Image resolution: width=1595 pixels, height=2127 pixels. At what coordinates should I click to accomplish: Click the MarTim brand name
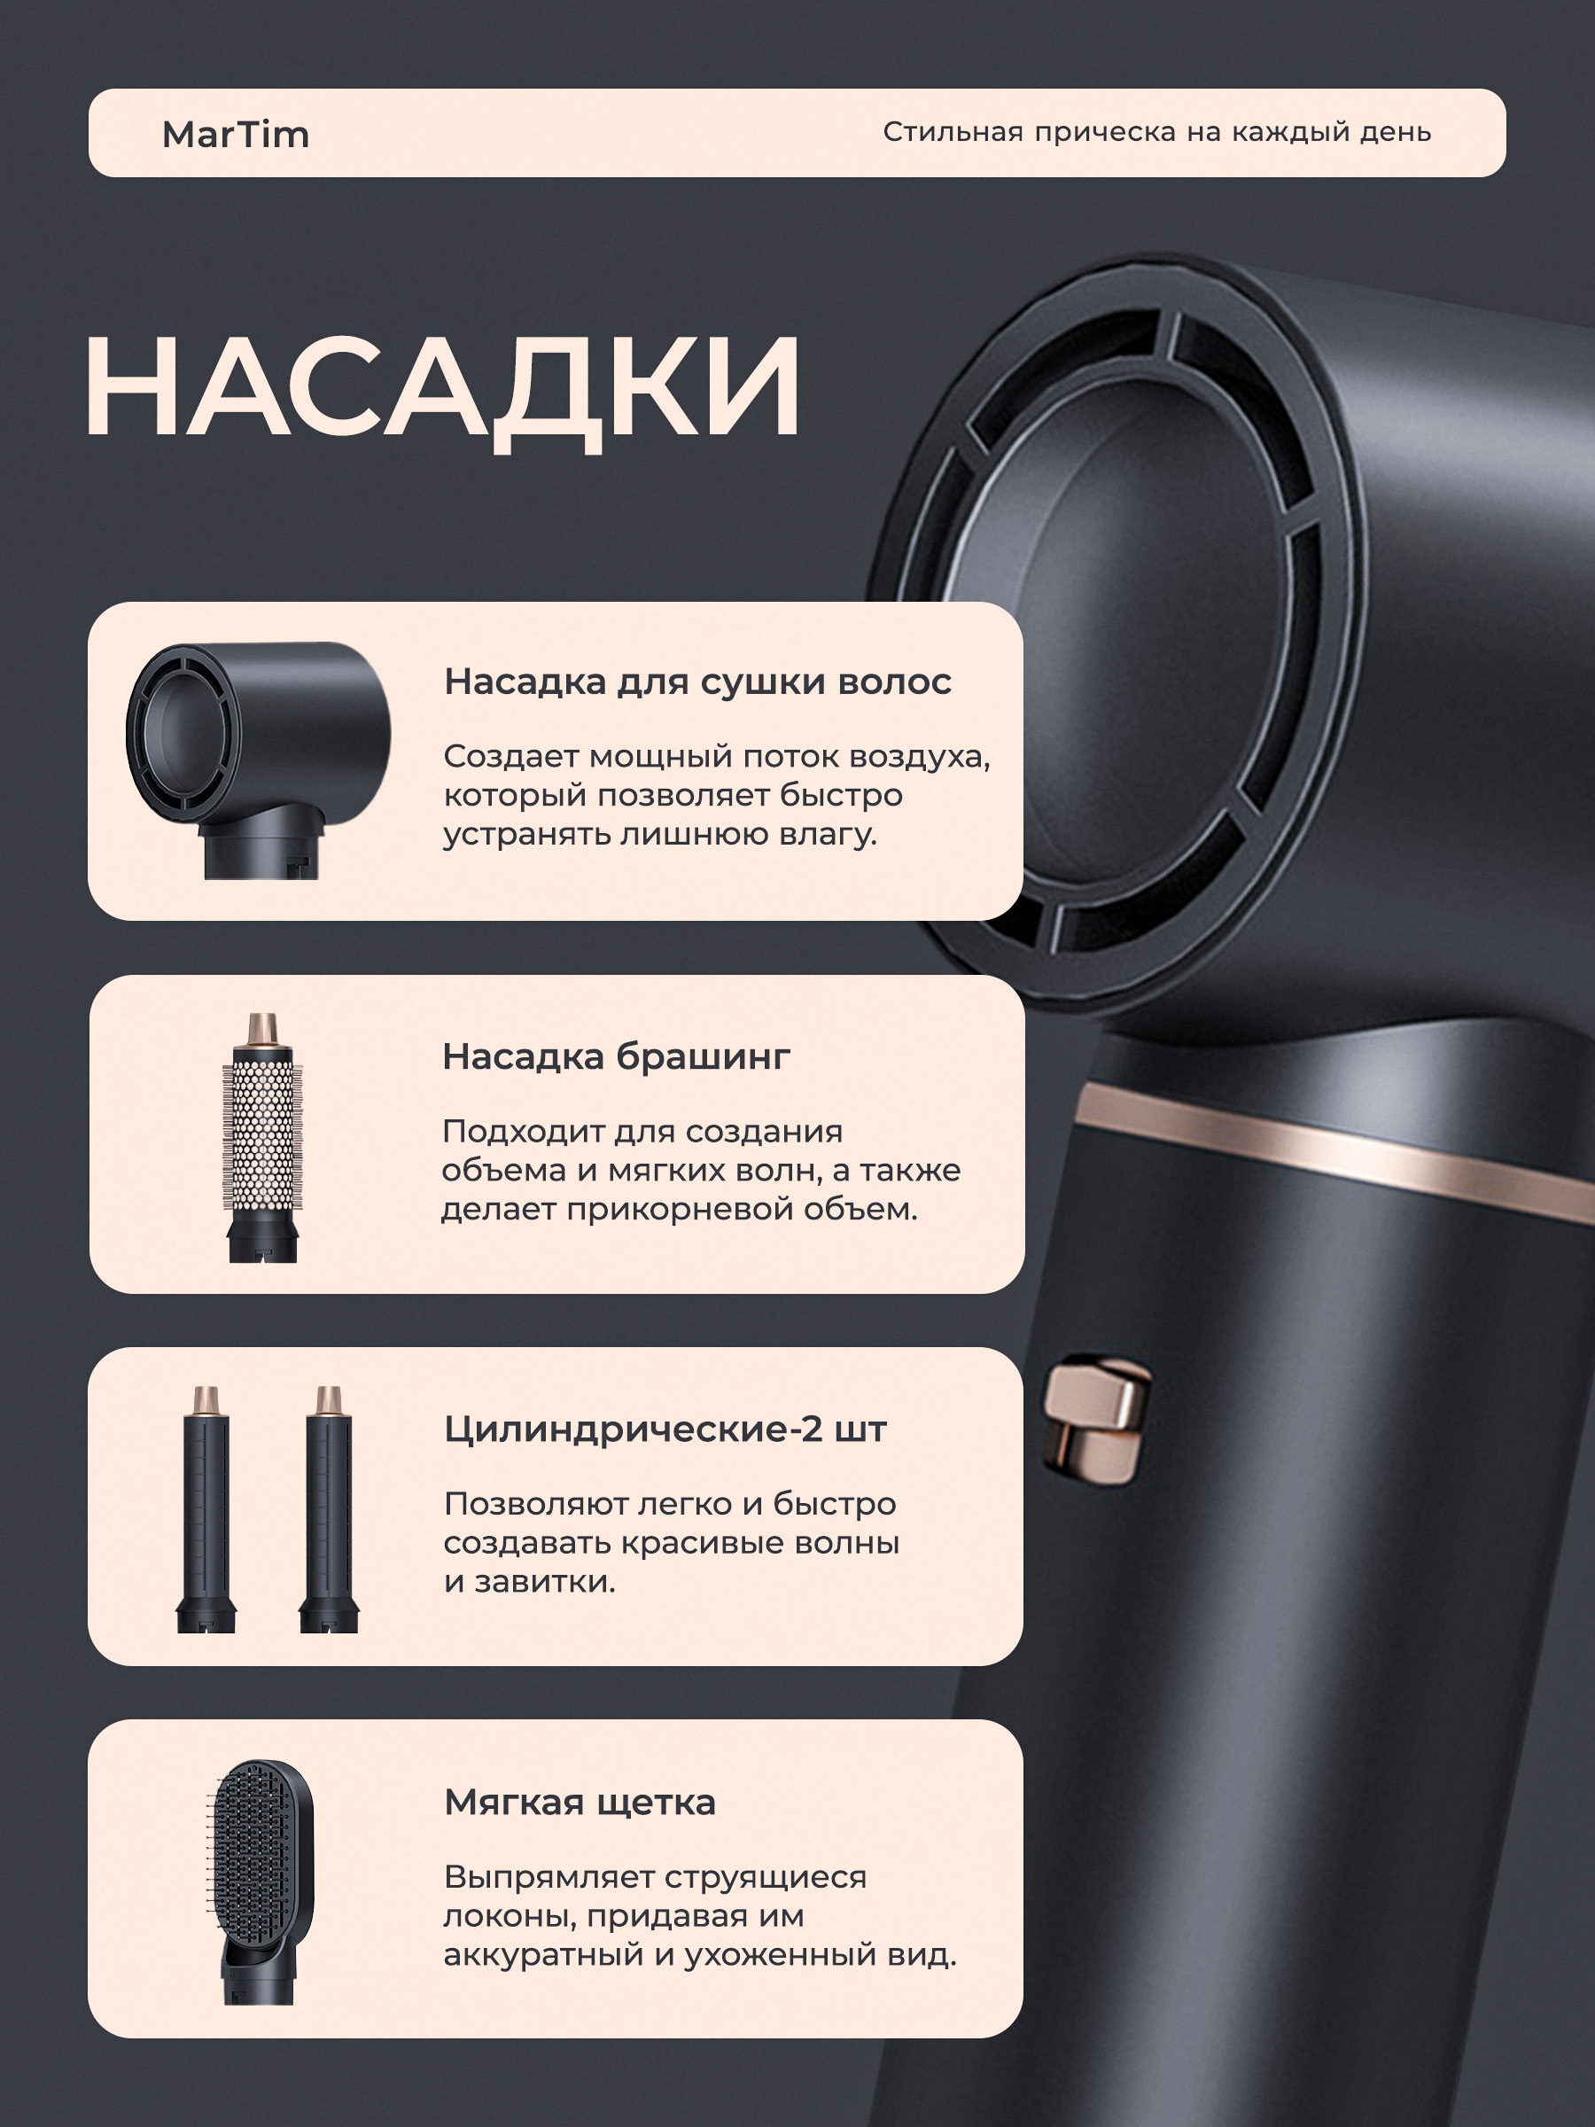(236, 135)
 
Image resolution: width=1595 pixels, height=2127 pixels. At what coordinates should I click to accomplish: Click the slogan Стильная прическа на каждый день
(1156, 132)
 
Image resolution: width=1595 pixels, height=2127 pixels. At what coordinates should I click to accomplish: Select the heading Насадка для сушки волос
(697, 682)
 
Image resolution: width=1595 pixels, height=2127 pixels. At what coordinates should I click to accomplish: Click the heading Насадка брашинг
(616, 1056)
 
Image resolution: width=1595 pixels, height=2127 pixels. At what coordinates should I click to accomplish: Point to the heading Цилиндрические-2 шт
(665, 1430)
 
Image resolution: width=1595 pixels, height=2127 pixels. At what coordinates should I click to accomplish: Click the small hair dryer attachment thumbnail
(259, 760)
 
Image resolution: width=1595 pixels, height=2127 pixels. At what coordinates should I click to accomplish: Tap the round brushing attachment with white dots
(262, 1138)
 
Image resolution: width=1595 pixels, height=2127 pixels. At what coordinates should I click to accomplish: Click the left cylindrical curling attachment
(206, 1508)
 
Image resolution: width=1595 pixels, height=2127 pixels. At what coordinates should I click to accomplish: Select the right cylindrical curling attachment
(329, 1508)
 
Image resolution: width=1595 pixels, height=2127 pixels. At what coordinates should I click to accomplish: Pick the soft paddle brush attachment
(260, 1882)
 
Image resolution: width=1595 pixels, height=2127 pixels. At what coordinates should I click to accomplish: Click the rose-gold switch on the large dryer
(1098, 1419)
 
